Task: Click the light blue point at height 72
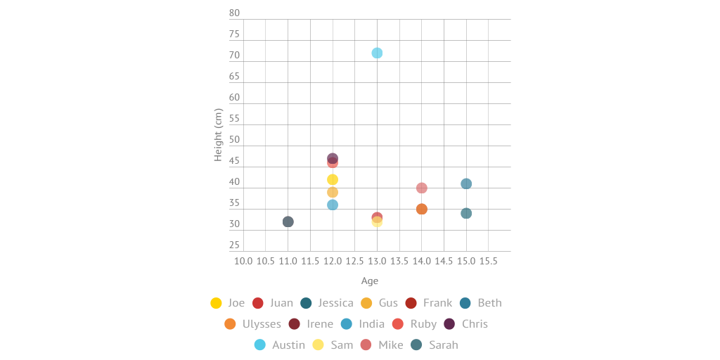coord(377,53)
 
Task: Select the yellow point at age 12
coord(333,180)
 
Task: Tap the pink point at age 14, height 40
coord(422,188)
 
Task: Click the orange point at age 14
coord(422,210)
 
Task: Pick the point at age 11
coord(288,222)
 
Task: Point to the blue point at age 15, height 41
coord(466,184)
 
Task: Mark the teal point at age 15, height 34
coord(466,214)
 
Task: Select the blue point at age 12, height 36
coord(333,205)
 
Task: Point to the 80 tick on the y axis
coord(234,13)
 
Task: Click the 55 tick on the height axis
coord(234,119)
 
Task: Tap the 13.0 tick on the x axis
coord(377,261)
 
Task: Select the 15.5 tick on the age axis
coord(489,261)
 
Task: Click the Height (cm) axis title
coord(218,135)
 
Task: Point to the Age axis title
coord(370,281)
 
